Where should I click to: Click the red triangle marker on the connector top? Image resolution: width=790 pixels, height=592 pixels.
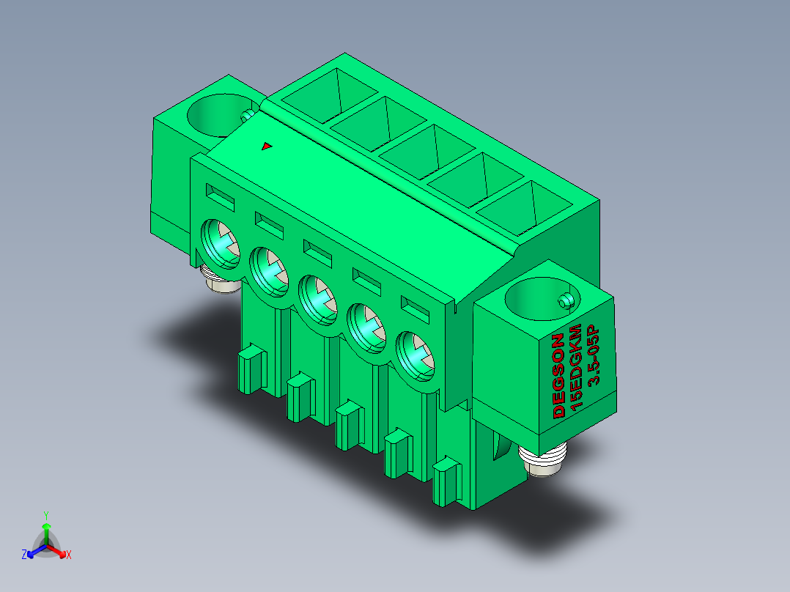pyautogui.click(x=267, y=146)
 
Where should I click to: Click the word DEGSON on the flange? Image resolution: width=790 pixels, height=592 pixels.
pyautogui.click(x=558, y=376)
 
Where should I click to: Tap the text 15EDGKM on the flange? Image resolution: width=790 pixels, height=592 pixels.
pyautogui.click(x=575, y=366)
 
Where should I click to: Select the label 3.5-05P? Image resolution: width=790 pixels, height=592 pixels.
pyautogui.click(x=595, y=355)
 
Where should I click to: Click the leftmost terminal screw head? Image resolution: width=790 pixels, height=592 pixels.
pyautogui.click(x=220, y=244)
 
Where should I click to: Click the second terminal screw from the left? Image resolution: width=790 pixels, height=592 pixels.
pyautogui.click(x=269, y=272)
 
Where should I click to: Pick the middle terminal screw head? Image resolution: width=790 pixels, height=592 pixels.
pyautogui.click(x=318, y=300)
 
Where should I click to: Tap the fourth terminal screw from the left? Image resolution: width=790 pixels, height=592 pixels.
pyautogui.click(x=366, y=328)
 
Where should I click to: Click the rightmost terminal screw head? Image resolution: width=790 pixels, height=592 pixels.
pyautogui.click(x=416, y=356)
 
